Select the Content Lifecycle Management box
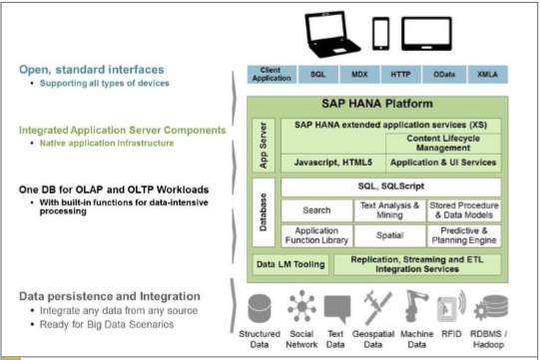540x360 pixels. (x=440, y=143)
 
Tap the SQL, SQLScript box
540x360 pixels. (x=390, y=187)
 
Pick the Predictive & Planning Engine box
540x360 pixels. (x=463, y=236)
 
